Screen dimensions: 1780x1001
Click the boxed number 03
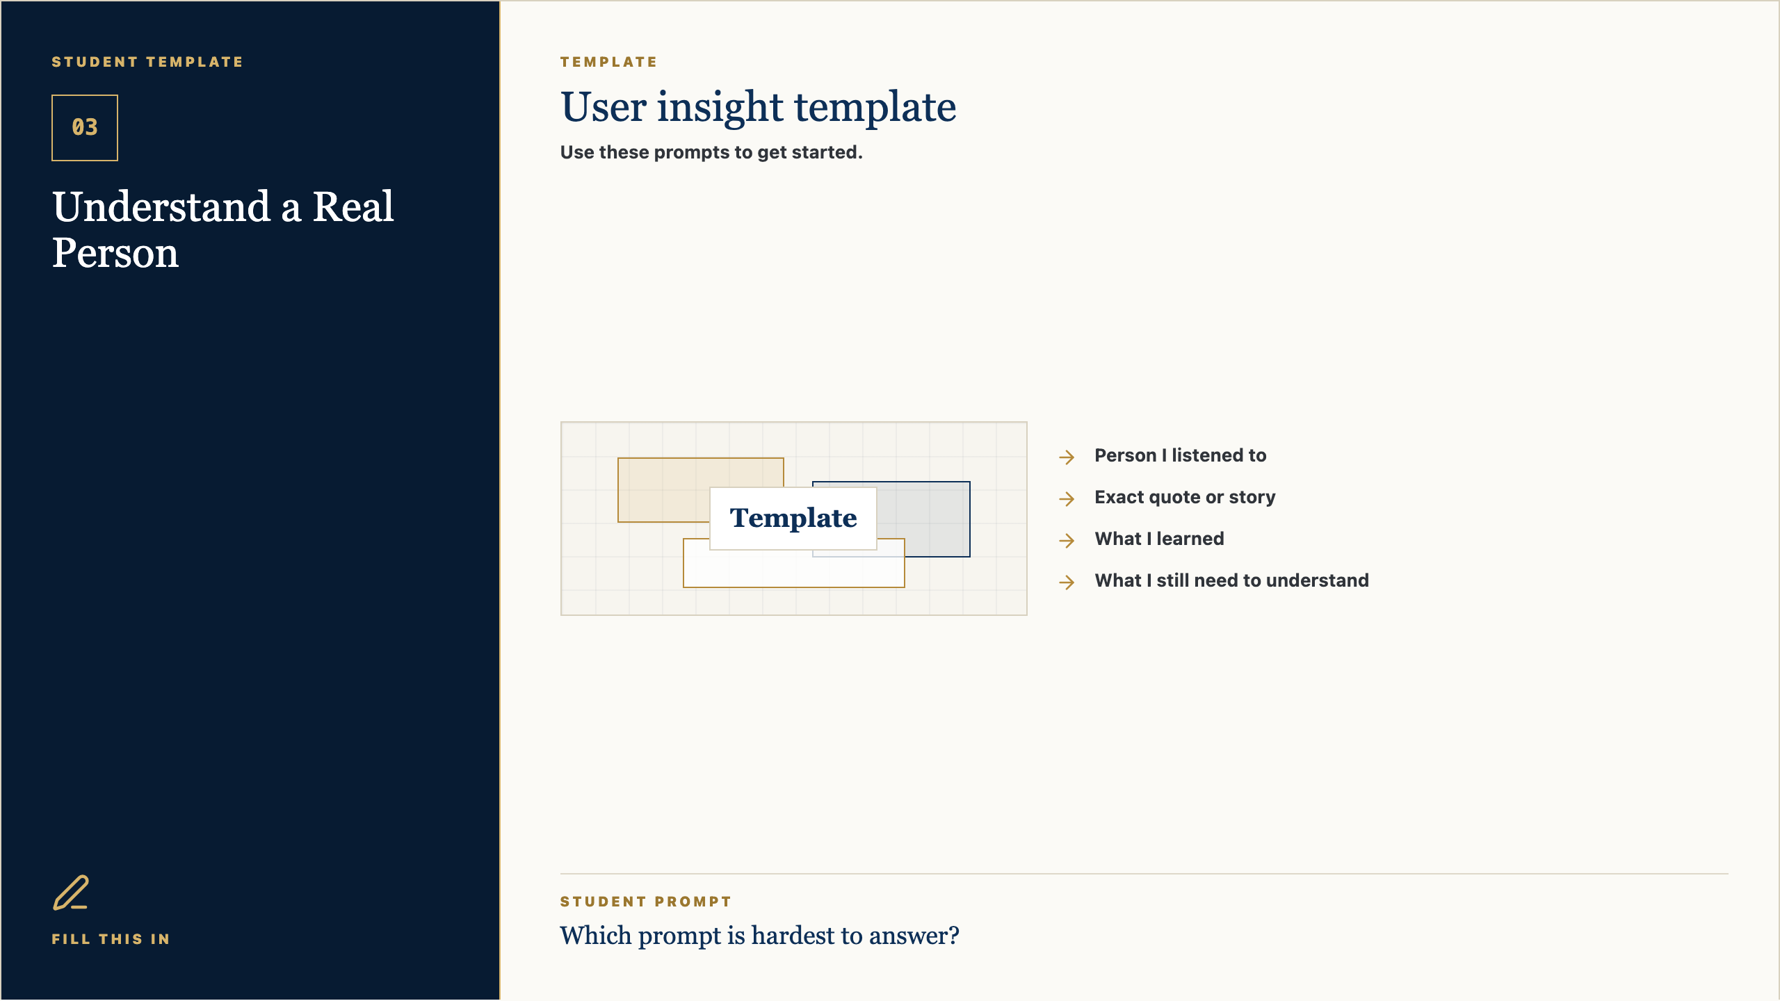coord(85,128)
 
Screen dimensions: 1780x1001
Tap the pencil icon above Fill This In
coord(71,893)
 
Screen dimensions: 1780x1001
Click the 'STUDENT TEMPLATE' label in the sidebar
coord(147,62)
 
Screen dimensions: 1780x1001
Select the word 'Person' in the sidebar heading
coord(115,252)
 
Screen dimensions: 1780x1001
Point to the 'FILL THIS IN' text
coord(111,939)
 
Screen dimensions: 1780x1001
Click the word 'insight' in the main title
coord(720,108)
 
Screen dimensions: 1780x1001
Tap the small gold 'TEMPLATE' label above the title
coord(609,62)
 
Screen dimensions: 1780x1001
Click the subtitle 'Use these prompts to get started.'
coord(711,152)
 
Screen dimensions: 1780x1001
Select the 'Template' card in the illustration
coord(793,519)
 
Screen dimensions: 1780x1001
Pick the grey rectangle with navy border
coord(925,518)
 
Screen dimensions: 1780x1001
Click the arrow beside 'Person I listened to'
coord(1067,457)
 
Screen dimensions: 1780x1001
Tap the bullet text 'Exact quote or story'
coord(1185,497)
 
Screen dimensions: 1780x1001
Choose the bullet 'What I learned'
coord(1159,539)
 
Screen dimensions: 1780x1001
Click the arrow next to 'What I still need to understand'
coord(1067,582)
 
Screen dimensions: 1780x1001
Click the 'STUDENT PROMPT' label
coord(646,902)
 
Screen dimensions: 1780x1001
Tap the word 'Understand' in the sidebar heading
coord(161,206)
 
